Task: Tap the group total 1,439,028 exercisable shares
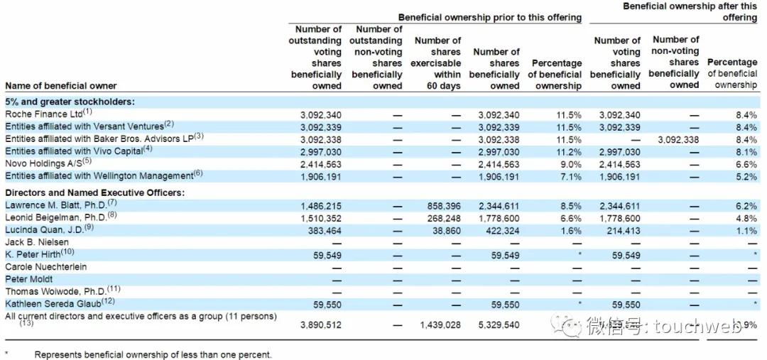coord(435,324)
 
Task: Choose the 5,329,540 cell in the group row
coord(498,324)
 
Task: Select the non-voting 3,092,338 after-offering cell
coord(678,140)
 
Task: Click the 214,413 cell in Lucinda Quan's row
coord(620,230)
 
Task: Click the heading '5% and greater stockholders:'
coord(70,102)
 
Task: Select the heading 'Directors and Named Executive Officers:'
coord(94,192)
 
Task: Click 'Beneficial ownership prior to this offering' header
coord(489,17)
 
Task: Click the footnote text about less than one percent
coord(153,354)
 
